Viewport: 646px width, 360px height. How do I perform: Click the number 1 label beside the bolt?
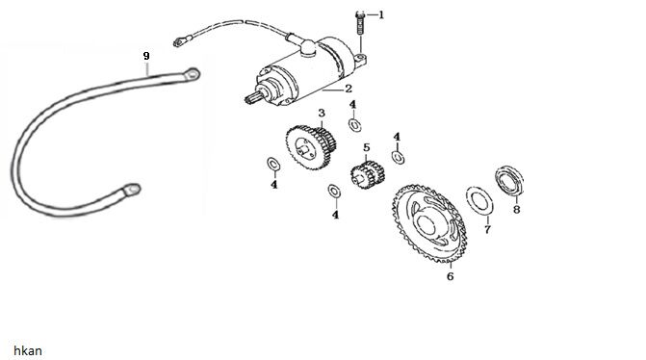[x=381, y=14]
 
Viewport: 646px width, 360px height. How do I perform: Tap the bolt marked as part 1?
[x=361, y=23]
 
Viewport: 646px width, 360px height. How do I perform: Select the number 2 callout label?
[x=349, y=89]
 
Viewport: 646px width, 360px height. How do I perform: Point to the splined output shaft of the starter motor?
[x=252, y=98]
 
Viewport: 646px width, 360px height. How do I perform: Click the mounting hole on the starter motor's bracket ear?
[x=361, y=56]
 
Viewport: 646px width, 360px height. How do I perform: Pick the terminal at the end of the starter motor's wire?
[x=180, y=40]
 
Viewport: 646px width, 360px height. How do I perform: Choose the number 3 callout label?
[x=322, y=113]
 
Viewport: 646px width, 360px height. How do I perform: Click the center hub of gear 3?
[x=306, y=147]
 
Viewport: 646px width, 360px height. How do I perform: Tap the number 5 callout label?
[x=366, y=147]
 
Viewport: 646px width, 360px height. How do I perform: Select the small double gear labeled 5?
[x=368, y=174]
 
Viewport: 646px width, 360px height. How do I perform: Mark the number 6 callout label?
[x=450, y=276]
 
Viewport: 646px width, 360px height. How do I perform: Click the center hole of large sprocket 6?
[x=426, y=224]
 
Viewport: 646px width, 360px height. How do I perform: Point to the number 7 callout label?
[x=487, y=229]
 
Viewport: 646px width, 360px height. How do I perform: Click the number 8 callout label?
[x=517, y=209]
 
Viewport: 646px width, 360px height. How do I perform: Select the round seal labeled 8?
[x=509, y=180]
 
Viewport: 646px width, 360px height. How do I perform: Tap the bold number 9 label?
[x=146, y=56]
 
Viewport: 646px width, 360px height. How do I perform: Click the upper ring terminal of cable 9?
[x=192, y=74]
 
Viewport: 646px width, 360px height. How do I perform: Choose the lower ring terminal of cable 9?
[x=132, y=190]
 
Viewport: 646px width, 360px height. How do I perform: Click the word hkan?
[x=28, y=350]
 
